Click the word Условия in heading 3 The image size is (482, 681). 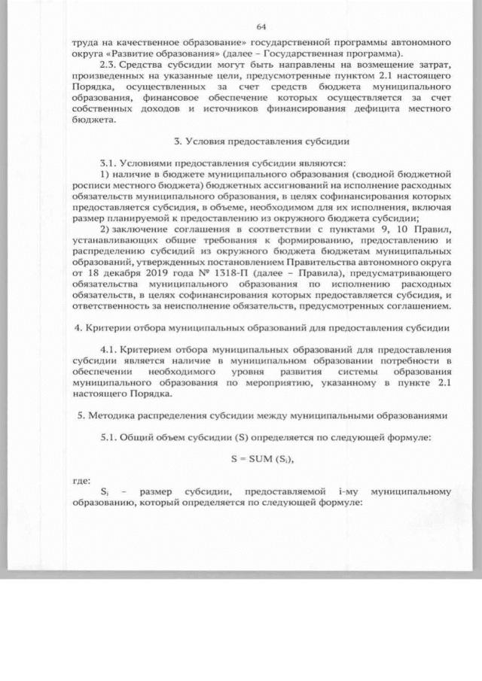pos(207,141)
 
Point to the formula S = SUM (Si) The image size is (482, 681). pos(261,459)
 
